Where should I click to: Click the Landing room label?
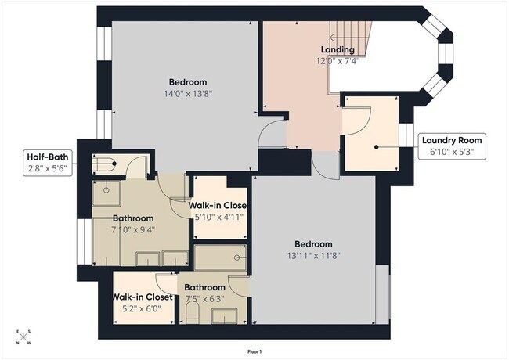point(338,49)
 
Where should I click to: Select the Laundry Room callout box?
point(452,146)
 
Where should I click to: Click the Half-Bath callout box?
point(49,162)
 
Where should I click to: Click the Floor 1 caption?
point(254,351)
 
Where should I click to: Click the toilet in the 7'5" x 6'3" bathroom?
point(193,314)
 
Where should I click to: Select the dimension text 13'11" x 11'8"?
point(313,254)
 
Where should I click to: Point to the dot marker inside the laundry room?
point(376,146)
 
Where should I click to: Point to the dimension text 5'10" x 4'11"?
point(219,217)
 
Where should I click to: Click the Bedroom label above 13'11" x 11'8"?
point(313,243)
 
